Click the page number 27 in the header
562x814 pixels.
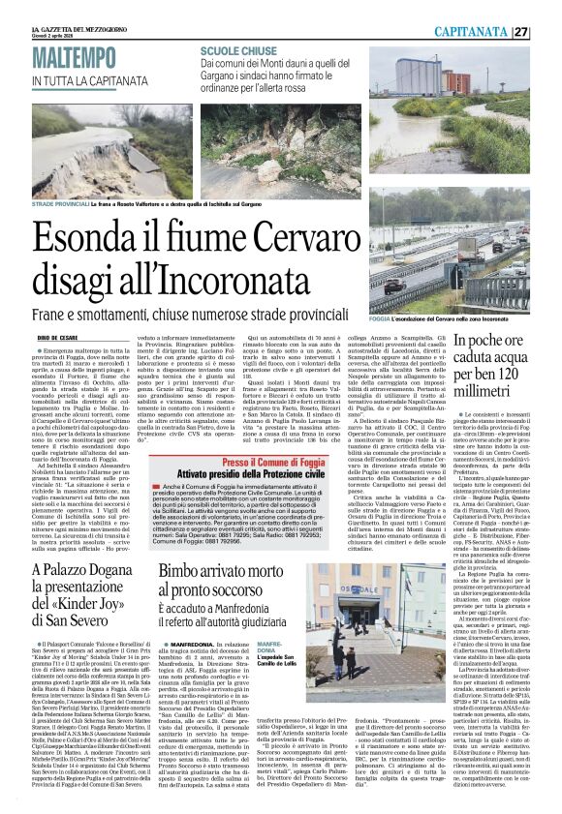point(547,31)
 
